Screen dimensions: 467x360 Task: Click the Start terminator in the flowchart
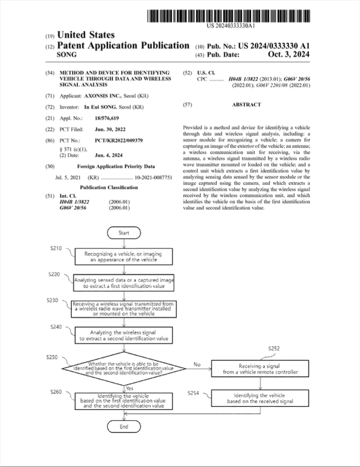tap(123, 232)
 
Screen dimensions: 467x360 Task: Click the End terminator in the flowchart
tap(123, 427)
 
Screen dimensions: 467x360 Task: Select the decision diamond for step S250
tap(123, 369)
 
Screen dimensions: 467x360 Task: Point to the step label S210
tap(57, 248)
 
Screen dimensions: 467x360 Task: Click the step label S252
tap(274, 348)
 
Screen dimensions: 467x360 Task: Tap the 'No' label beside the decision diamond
tap(197, 364)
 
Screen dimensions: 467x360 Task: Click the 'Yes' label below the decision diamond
tap(130, 388)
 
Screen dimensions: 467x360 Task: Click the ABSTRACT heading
tap(246, 105)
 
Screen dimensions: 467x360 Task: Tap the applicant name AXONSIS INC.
tap(103, 96)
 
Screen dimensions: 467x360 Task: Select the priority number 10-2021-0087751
tap(154, 177)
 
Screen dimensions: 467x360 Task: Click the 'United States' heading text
tap(86, 35)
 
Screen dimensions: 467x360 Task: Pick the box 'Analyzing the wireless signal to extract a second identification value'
tap(123, 336)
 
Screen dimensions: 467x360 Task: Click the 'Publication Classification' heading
tap(109, 187)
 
